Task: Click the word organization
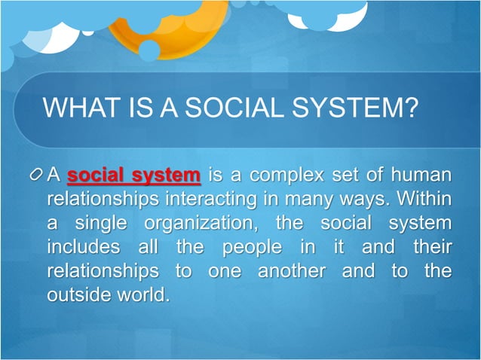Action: coord(192,224)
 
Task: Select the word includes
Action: coord(82,247)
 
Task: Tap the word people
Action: coord(246,247)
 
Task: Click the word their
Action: coord(431,247)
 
